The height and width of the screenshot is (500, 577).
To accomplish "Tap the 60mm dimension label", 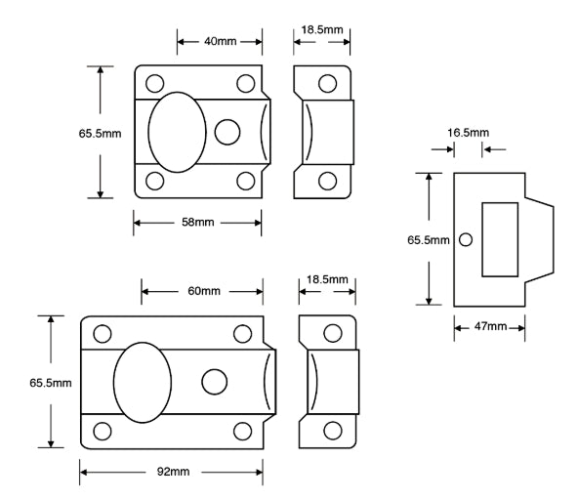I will click(x=202, y=292).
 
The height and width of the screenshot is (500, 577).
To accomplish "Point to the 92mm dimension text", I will click(x=172, y=472).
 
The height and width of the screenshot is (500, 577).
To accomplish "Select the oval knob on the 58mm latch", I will click(x=177, y=132).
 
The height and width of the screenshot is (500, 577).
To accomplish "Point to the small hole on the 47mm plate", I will click(x=466, y=239).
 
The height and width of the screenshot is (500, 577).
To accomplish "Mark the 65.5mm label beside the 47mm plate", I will click(x=427, y=239).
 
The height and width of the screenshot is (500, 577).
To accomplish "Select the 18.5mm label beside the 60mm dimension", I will click(x=326, y=280).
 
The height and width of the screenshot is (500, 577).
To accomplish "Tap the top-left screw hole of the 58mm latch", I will click(x=153, y=83).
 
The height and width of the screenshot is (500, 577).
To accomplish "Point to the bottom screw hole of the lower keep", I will click(x=332, y=430).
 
